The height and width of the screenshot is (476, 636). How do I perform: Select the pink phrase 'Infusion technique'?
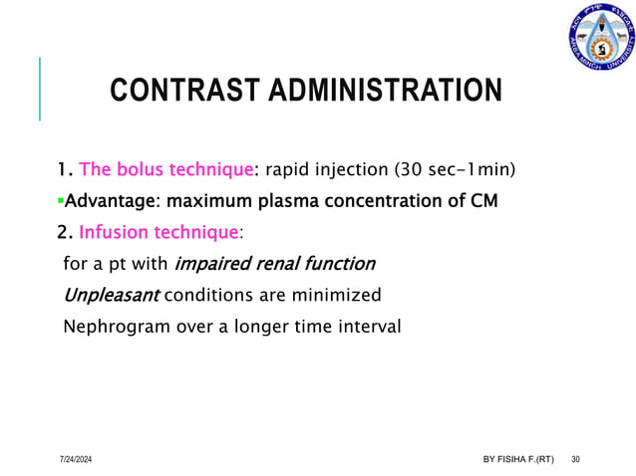point(159,233)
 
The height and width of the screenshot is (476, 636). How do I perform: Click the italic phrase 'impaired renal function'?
point(275,264)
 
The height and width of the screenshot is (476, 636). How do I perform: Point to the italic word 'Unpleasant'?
point(110,295)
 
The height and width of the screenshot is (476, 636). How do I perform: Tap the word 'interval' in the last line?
point(370,326)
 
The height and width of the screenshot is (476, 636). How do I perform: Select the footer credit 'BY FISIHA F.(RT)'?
point(518,459)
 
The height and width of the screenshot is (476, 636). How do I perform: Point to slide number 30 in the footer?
point(576,459)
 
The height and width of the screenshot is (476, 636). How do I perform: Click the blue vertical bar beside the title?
point(40,89)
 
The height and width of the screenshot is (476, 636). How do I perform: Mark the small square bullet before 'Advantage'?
point(60,202)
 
